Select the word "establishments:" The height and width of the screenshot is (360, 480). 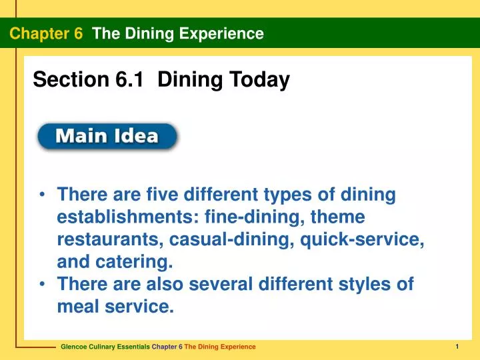pyautogui.click(x=129, y=217)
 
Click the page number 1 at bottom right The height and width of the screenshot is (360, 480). pyautogui.click(x=458, y=346)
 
